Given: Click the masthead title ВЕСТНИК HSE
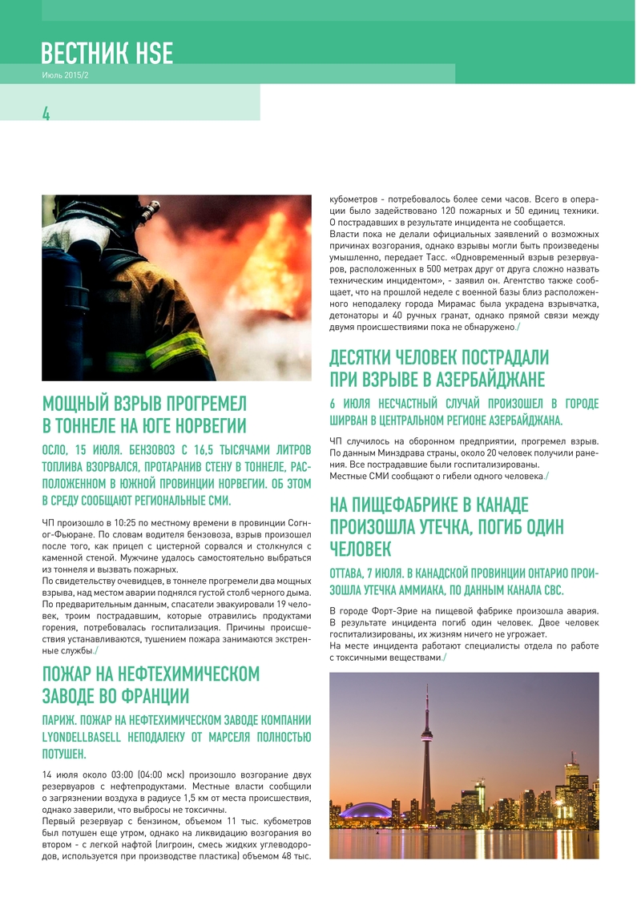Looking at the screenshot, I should point(107,53).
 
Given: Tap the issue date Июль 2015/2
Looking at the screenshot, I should point(65,75).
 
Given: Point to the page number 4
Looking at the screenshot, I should point(46,113).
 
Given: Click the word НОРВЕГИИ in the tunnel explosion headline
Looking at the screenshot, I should point(204,425).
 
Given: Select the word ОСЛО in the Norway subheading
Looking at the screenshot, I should point(58,450).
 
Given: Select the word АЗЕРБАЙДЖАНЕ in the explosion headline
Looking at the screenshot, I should point(481,378).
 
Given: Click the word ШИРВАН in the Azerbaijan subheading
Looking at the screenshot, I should point(353,420).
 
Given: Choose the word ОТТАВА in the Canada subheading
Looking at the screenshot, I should point(353,573).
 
